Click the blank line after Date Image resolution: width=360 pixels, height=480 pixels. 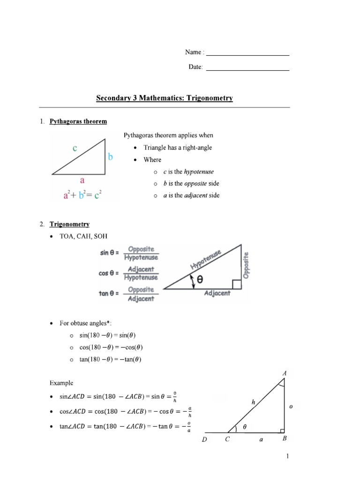(x=247, y=69)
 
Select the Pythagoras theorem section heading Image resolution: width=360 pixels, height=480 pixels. (x=78, y=121)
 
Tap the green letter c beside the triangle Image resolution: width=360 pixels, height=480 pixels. (x=75, y=148)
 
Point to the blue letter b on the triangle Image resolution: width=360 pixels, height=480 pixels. (x=111, y=157)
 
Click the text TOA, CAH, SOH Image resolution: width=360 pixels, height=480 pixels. (x=86, y=236)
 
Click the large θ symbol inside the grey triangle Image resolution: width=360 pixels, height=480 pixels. (x=200, y=280)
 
